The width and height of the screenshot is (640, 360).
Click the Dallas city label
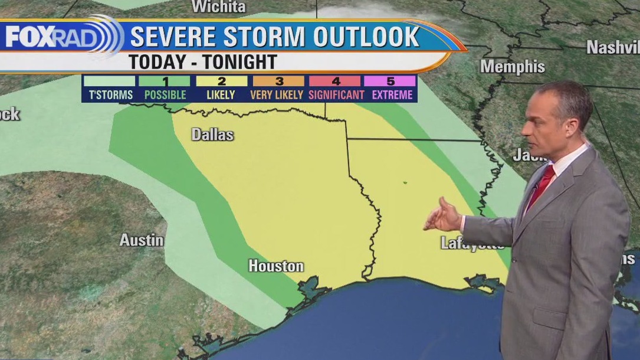[212, 135]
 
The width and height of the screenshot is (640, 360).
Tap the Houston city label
[275, 266]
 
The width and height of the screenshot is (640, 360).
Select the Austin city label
[142, 240]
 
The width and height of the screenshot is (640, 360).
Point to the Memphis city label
[512, 66]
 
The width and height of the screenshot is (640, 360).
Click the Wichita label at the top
[218, 7]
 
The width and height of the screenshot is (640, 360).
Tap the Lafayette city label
[472, 243]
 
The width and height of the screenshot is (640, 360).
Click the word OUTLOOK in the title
[366, 37]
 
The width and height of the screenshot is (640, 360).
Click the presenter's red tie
[541, 185]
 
